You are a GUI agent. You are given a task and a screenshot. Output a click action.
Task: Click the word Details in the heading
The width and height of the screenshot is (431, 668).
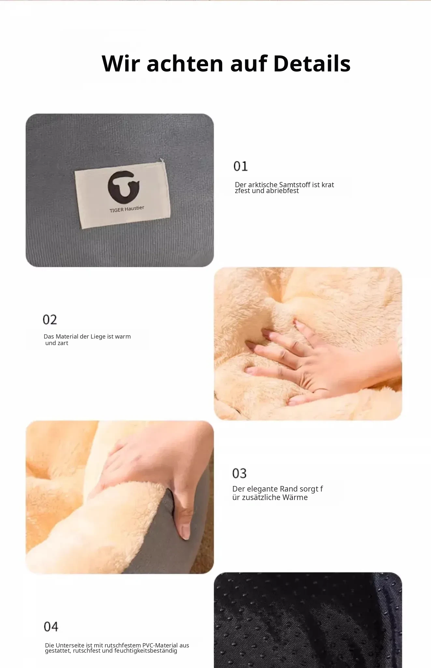point(312,63)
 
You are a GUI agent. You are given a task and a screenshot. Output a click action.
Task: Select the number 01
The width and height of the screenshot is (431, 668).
point(241,166)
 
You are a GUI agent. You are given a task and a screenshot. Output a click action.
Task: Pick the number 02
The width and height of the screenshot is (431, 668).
point(50,320)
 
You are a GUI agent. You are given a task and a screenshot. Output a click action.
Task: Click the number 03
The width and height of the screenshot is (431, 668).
point(239,473)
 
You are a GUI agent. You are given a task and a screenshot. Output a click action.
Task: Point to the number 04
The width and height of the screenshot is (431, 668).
point(51,627)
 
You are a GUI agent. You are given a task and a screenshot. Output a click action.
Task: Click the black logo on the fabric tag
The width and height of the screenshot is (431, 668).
point(123,187)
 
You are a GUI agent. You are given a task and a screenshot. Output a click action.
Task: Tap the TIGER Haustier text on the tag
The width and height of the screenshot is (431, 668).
point(127,209)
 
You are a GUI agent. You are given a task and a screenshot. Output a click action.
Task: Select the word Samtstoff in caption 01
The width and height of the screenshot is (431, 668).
point(295,185)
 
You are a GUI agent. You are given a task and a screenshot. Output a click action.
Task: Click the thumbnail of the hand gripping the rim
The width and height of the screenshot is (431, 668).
point(120,497)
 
